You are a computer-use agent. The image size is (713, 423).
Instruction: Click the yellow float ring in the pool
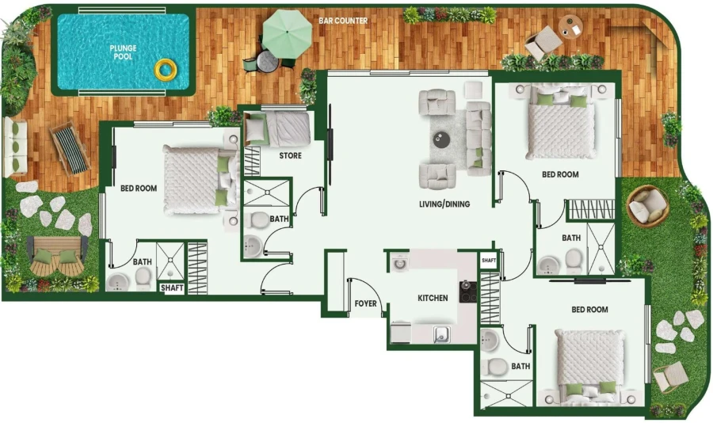pyautogui.click(x=165, y=70)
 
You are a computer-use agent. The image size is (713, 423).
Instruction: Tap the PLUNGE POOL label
pyautogui.click(x=123, y=53)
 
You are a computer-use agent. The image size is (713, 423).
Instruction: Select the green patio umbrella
pyautogui.click(x=287, y=31)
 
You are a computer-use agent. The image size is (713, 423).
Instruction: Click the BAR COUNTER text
pyautogui.click(x=343, y=21)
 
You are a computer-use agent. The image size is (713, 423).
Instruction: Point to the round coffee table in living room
pyautogui.click(x=440, y=139)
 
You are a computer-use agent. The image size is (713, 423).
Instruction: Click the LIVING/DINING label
pyautogui.click(x=444, y=204)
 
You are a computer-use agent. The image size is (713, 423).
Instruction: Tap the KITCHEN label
pyautogui.click(x=433, y=299)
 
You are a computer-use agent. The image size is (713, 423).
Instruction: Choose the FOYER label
pyautogui.click(x=365, y=303)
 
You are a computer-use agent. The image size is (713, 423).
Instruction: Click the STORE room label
pyautogui.click(x=290, y=156)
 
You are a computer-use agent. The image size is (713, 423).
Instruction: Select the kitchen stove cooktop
pyautogui.click(x=467, y=292)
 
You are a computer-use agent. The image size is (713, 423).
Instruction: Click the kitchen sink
pyautogui.click(x=441, y=334)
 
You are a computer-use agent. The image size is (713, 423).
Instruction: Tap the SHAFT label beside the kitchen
pyautogui.click(x=488, y=260)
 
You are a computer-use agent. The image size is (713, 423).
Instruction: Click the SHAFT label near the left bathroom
pyautogui.click(x=172, y=288)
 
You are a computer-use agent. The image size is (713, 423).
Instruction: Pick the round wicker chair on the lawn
pyautogui.click(x=647, y=206)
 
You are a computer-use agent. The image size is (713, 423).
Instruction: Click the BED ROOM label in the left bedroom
pyautogui.click(x=139, y=189)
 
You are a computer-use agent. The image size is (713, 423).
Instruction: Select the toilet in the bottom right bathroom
pyautogui.click(x=497, y=368)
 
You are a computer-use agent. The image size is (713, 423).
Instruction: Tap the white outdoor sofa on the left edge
pyautogui.click(x=15, y=147)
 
